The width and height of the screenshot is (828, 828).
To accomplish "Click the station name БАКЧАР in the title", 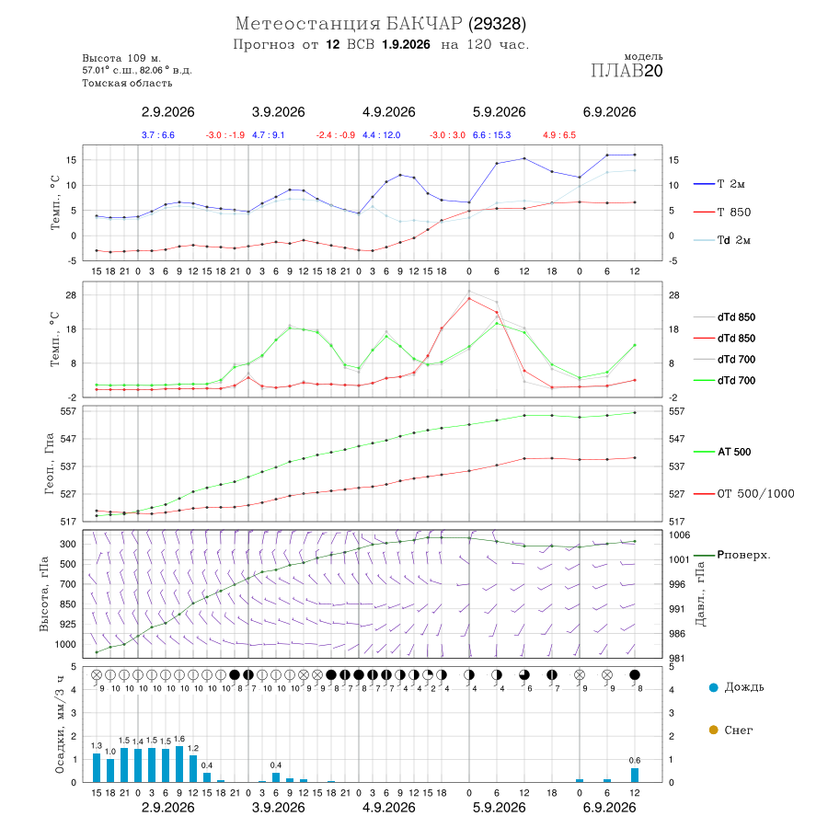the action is [x=424, y=24].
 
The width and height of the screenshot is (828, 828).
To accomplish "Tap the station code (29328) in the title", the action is [x=497, y=24].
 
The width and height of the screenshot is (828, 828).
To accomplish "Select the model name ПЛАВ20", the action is [x=627, y=71].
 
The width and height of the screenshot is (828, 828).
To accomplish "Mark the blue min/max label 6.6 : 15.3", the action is [x=491, y=135].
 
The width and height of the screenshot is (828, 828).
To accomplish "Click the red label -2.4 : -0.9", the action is [x=335, y=135].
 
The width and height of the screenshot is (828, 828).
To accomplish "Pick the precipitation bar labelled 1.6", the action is [x=179, y=765].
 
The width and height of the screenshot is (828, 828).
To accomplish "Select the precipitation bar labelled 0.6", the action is [x=635, y=776].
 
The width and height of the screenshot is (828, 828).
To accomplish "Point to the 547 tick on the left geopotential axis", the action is [x=69, y=439].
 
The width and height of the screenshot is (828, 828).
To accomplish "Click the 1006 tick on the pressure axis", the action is [x=679, y=535].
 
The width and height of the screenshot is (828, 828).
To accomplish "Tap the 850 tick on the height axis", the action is [x=67, y=604].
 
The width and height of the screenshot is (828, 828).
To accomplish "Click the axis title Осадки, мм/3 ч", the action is [x=60, y=725].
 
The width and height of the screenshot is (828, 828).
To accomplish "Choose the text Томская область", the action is [x=127, y=83].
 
